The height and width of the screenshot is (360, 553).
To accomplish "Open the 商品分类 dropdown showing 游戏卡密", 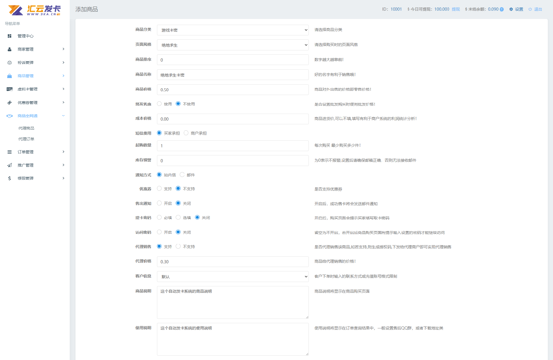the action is click(x=233, y=30).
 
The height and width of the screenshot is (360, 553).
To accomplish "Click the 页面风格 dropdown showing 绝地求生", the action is click(x=233, y=45).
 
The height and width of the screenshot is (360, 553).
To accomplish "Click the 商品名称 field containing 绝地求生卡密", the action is click(x=233, y=75).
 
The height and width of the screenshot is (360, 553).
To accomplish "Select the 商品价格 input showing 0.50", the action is click(x=233, y=89).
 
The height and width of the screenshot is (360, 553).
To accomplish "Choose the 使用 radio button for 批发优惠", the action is click(x=159, y=104).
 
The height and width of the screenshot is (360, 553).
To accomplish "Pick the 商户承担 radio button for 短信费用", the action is click(x=186, y=133).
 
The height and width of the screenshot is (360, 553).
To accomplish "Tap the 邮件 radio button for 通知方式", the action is click(x=182, y=174).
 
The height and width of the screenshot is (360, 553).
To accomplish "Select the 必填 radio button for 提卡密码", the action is click(x=159, y=217).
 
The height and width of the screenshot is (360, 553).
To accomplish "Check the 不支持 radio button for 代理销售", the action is click(x=178, y=246).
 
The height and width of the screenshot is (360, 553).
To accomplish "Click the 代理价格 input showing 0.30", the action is click(x=233, y=262).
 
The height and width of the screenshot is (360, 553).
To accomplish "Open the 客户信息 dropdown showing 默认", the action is click(x=233, y=277).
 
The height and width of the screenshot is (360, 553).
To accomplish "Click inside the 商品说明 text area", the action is click(x=233, y=302).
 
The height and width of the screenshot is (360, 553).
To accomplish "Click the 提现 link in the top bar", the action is click(x=456, y=9).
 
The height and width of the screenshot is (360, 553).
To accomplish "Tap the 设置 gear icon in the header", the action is click(x=511, y=9).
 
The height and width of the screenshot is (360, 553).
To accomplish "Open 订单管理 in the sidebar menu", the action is click(x=26, y=152).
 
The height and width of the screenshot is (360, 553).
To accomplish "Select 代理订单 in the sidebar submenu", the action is click(x=26, y=139).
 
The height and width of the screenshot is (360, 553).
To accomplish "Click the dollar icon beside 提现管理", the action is click(x=10, y=178).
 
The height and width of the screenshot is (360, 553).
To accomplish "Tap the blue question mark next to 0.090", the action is click(x=502, y=9).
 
